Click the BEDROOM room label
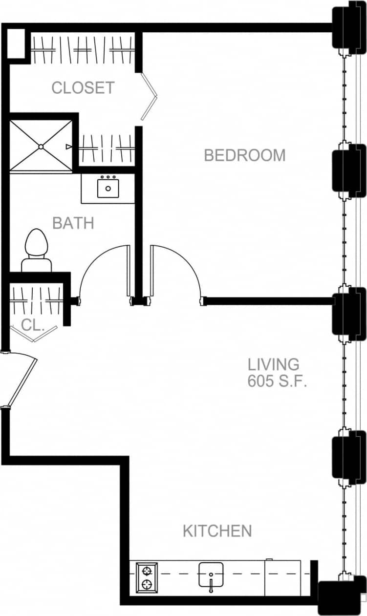point(244,155)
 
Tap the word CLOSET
point(83,88)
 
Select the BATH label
point(73,223)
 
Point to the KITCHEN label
point(217,531)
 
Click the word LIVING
point(273,364)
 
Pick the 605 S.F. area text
point(277,382)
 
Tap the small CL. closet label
point(33,325)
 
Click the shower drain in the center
point(41,146)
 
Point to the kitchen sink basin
point(211,574)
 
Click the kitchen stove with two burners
point(147,577)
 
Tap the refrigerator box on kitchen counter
point(282,578)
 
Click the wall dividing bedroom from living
point(269,301)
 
